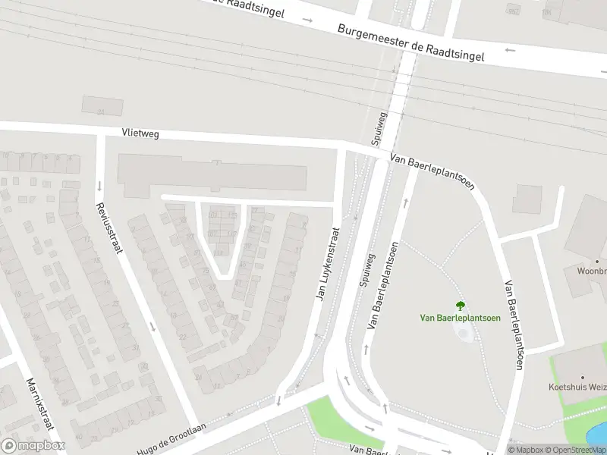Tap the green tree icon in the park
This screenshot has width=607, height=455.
tap(461, 306)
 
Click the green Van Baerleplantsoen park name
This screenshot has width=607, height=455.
tap(461, 318)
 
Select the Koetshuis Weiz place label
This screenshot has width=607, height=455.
tap(577, 387)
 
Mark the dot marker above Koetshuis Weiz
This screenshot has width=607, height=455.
tap(583, 377)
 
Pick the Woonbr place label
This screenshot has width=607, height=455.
tap(591, 271)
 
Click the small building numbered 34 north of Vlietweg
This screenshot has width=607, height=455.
tap(102, 105)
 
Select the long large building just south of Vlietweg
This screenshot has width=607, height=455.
tap(212, 173)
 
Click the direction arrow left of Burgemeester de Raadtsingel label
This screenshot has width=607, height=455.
tap(307, 19)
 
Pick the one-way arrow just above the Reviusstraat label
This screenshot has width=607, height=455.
tap(99, 186)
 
